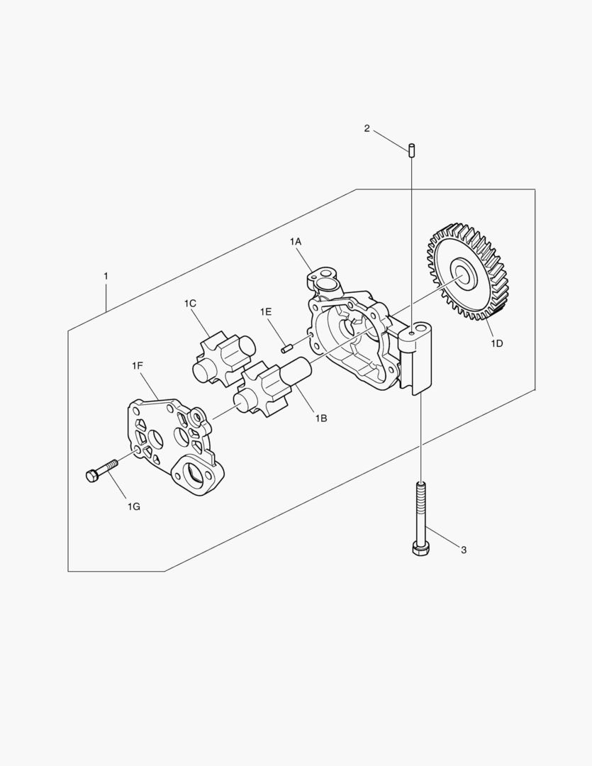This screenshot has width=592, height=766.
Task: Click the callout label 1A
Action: pyautogui.click(x=296, y=241)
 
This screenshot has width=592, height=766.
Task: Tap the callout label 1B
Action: pyautogui.click(x=320, y=418)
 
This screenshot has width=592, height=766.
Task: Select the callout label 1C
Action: pyautogui.click(x=190, y=304)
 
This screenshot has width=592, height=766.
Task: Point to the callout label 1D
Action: pyautogui.click(x=497, y=343)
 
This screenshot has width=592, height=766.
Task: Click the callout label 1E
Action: pyautogui.click(x=266, y=311)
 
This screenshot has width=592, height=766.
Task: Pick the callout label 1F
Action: pyautogui.click(x=138, y=365)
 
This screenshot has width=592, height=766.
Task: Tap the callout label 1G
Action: pyautogui.click(x=134, y=506)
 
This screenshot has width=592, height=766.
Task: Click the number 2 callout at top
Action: pyautogui.click(x=367, y=129)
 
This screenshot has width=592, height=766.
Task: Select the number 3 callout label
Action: pyautogui.click(x=464, y=550)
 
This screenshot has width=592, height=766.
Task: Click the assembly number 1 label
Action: pyautogui.click(x=106, y=276)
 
